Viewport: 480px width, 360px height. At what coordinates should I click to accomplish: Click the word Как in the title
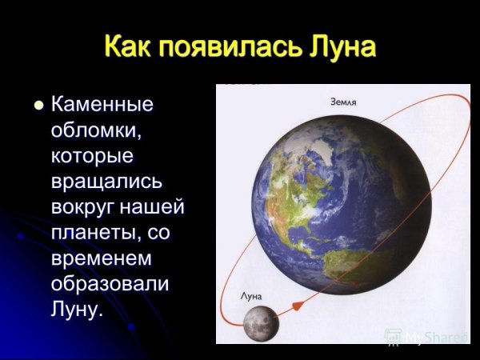pos(130,46)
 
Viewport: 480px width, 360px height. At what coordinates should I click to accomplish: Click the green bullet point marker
pos(37,105)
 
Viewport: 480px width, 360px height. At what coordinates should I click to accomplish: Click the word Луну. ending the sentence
pos(78,310)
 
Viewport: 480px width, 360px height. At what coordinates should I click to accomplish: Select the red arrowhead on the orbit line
pos(297,306)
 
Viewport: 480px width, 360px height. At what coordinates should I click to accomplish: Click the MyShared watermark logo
pos(424,337)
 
